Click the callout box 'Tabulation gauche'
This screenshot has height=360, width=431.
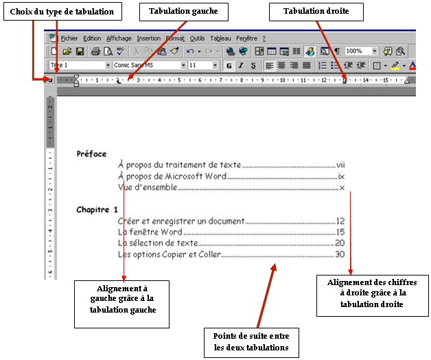pos(178,12)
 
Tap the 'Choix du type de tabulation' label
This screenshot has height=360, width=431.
pos(62,12)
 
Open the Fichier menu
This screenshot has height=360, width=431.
pos(69,38)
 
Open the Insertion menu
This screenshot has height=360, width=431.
pos(148,38)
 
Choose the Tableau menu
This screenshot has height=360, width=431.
pos(221,38)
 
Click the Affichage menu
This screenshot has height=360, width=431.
pos(119,38)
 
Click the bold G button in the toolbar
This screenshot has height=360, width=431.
pos(229,65)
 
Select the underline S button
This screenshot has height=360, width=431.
pos(253,65)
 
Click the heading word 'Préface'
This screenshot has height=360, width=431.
pos(92,154)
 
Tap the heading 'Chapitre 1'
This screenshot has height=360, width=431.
pos(97,210)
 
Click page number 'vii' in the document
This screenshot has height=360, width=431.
pos(340,165)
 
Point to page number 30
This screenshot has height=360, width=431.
pos(340,254)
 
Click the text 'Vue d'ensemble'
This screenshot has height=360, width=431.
pos(148,187)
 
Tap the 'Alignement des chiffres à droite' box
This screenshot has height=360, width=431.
pos(367,295)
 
